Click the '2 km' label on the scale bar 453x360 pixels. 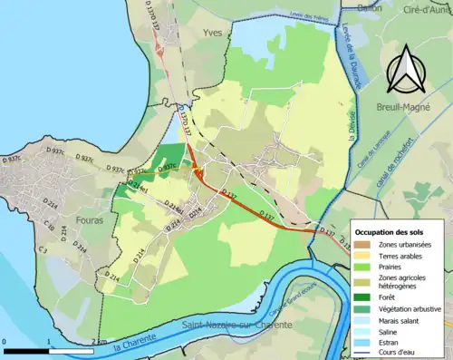(x=98, y=341)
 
